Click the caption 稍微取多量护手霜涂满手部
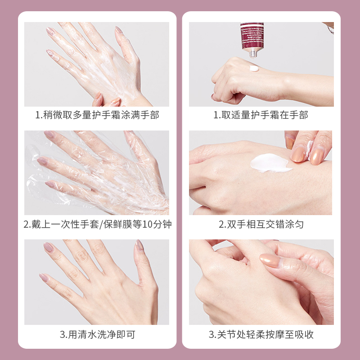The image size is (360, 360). pyautogui.click(x=97, y=115)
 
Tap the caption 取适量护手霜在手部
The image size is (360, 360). pyautogui.click(x=261, y=115)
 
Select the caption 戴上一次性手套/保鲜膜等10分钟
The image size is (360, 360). pyautogui.click(x=97, y=224)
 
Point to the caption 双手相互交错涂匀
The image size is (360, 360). pyautogui.click(x=261, y=224)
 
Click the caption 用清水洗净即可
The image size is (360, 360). pyautogui.click(x=97, y=335)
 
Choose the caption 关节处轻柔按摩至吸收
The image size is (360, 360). pyautogui.click(x=261, y=335)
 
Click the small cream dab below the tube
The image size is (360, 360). pyautogui.click(x=254, y=68)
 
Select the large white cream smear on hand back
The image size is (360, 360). pyautogui.click(x=270, y=162)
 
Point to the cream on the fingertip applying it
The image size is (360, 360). pyautogui.click(x=309, y=147)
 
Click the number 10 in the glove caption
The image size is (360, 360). pyautogui.click(x=147, y=224)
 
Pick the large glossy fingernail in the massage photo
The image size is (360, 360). pyautogui.click(x=272, y=261)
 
